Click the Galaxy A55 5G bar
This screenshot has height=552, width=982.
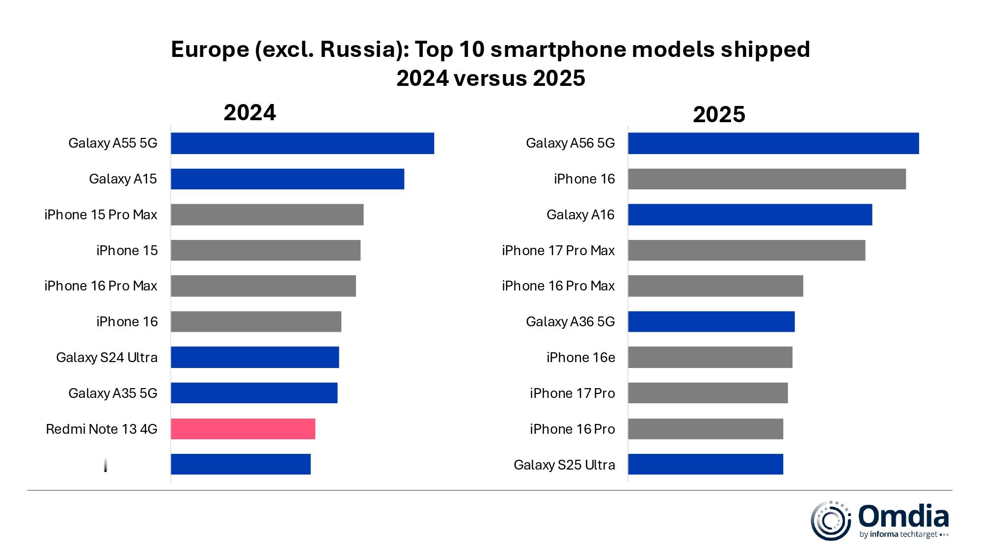302,143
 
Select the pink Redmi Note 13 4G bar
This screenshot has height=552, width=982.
243,429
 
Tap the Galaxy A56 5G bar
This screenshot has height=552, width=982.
773,143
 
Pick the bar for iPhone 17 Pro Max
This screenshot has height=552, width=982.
746,250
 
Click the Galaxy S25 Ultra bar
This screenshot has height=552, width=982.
705,464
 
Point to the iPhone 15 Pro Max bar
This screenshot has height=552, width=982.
267,214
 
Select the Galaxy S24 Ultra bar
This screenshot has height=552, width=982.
255,357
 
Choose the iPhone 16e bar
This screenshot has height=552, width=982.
710,357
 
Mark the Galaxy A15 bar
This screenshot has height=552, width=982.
287,179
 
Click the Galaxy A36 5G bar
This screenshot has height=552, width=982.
711,321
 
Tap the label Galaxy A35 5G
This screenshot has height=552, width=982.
113,393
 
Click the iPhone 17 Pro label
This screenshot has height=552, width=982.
572,393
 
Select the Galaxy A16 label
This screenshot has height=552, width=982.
580,214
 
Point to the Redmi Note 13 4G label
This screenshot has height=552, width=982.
102,429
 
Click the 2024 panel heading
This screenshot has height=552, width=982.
249,113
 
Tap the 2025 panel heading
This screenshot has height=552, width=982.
719,115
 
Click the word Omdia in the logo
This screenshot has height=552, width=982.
903,516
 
